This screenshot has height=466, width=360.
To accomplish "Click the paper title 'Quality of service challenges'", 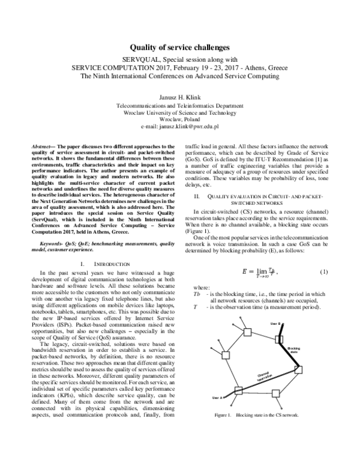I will pyautogui.click(x=179, y=46).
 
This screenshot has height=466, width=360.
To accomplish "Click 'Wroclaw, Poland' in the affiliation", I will pyautogui.click(x=179, y=119).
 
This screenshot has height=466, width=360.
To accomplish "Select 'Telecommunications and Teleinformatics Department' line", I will pyautogui.click(x=179, y=104).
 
